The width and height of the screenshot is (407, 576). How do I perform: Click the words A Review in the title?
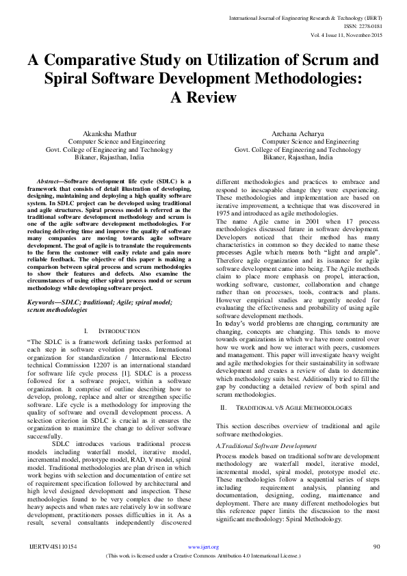click(x=203, y=97)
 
